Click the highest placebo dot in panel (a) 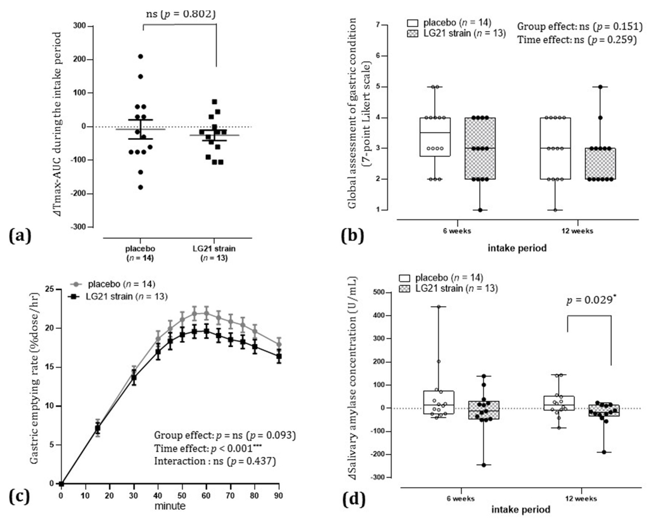click(x=140, y=56)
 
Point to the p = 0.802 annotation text click(x=189, y=13)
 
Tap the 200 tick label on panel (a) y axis click(x=79, y=60)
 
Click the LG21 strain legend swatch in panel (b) click(x=412, y=33)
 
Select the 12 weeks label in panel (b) click(x=577, y=231)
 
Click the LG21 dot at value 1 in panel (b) click(x=480, y=210)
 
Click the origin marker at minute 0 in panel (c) click(x=61, y=484)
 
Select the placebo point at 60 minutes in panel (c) click(x=206, y=313)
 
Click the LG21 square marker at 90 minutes click(x=279, y=356)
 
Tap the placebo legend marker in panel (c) click(x=76, y=284)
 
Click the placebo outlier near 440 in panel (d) click(x=439, y=307)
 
